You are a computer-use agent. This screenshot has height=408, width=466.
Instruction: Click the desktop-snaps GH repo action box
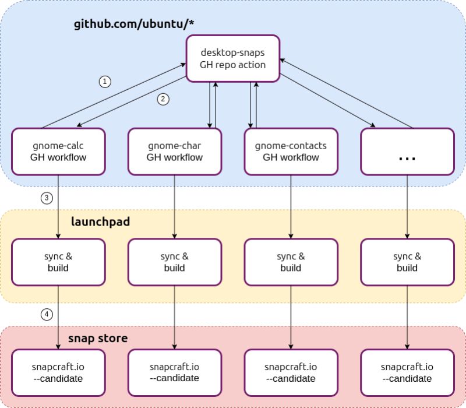click(232, 58)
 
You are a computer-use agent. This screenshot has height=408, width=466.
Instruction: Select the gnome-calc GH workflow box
click(58, 151)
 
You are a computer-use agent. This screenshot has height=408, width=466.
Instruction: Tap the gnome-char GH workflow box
click(174, 151)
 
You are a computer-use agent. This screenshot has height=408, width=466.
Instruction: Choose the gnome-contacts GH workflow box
click(291, 151)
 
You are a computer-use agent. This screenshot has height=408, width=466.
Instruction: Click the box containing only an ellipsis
click(407, 151)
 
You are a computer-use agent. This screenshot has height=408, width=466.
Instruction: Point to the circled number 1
click(105, 82)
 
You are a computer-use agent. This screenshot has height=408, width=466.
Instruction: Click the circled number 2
click(163, 99)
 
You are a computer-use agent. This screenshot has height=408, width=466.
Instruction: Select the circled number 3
click(47, 198)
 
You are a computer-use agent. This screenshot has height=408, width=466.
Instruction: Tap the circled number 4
click(47, 315)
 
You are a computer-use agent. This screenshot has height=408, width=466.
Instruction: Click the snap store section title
click(98, 338)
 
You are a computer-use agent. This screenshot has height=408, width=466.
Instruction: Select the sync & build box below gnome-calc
click(58, 262)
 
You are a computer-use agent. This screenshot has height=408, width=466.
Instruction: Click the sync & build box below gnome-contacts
click(291, 262)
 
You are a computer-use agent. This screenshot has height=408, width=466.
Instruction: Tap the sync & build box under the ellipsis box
click(407, 262)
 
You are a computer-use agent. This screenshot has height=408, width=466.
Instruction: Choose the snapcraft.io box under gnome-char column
click(174, 372)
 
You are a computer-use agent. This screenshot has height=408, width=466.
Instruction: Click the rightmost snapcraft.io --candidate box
click(407, 372)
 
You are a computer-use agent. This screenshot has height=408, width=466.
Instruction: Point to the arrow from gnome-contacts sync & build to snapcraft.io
click(291, 317)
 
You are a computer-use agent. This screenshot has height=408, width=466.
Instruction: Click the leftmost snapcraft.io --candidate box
click(58, 372)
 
